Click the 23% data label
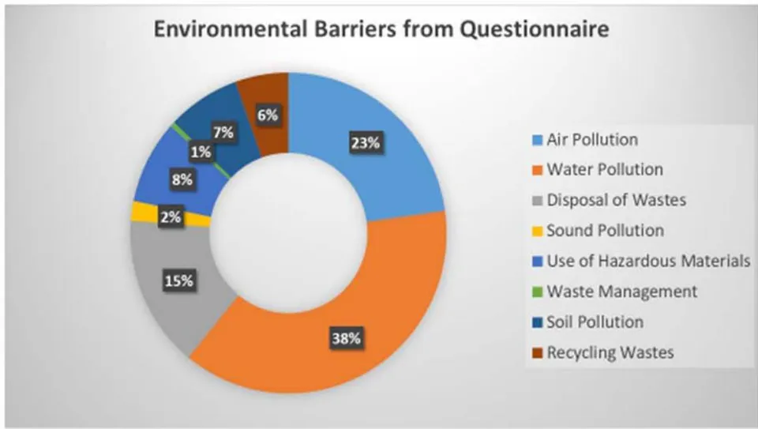366,143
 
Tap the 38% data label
346,338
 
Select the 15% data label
179,281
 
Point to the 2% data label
171,217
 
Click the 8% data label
182,180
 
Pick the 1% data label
201,152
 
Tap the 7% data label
223,132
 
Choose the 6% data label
268,115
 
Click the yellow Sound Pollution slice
145,213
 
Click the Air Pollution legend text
592,140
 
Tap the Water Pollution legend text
605,170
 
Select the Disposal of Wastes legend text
617,200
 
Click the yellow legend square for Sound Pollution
538,231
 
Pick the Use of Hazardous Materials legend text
648,262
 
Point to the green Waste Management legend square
538,292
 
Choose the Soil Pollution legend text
595,322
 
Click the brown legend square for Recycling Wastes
538,353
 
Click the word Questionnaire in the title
534,29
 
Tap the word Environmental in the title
231,29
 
